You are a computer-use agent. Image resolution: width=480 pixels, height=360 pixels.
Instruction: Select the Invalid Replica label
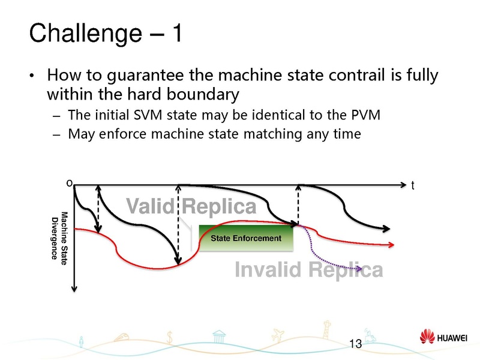pyautogui.click(x=308, y=271)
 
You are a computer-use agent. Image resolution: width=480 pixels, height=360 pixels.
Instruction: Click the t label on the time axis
pyautogui.click(x=413, y=187)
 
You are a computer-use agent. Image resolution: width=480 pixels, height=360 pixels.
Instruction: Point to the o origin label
pyautogui.click(x=69, y=181)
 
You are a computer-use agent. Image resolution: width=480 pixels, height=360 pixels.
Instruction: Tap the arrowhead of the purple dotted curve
pyautogui.click(x=359, y=271)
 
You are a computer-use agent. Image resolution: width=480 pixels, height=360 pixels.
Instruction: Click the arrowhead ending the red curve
pyautogui.click(x=408, y=244)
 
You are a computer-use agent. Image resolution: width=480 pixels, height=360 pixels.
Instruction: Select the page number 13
pyautogui.click(x=355, y=344)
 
